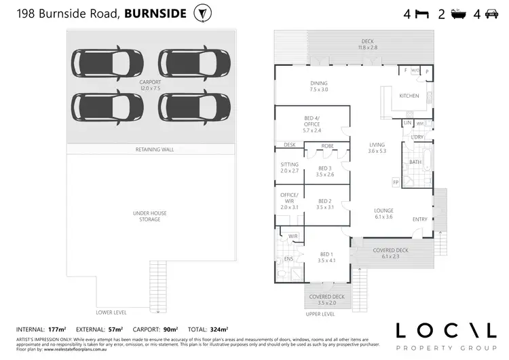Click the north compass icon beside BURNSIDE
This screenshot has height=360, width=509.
(202, 13)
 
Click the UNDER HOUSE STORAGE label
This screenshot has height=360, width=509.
(150, 216)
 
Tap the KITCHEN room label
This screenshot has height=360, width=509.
(409, 96)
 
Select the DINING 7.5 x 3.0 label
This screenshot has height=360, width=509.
(318, 86)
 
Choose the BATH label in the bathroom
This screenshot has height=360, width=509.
(416, 162)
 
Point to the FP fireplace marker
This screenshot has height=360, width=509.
(396, 183)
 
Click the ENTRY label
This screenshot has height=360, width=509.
(421, 219)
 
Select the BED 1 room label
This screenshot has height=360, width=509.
(327, 257)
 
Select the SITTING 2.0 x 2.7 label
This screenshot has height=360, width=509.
(289, 168)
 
